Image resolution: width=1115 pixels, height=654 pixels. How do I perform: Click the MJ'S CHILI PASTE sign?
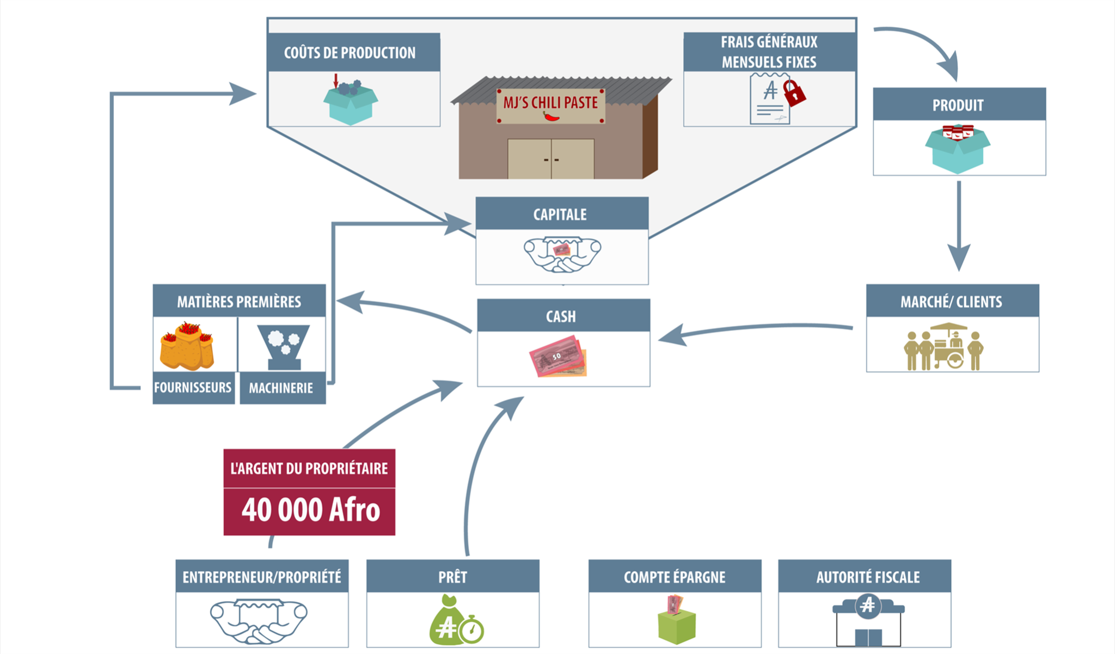pos(550,106)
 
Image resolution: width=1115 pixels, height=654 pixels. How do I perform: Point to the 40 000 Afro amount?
pos(310,510)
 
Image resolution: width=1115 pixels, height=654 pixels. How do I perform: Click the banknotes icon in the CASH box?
pos(558,357)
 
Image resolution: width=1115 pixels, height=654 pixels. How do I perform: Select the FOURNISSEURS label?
pos(193,388)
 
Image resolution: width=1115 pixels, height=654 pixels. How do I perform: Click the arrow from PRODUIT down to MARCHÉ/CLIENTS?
pos(959,226)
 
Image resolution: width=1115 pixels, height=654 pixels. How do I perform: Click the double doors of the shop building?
pos(551,159)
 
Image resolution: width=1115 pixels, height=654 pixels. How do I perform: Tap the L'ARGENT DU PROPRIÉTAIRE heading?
pos(309,468)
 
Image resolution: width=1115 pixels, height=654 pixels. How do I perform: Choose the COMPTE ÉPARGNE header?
pos(675,576)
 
